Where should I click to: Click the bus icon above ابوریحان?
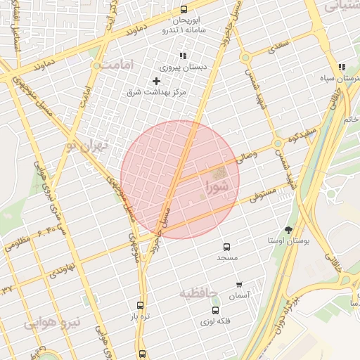(184, 9)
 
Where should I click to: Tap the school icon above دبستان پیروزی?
(183, 56)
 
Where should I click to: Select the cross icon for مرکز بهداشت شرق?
(156, 81)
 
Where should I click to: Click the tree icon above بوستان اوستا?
(288, 230)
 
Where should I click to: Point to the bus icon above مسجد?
(226, 247)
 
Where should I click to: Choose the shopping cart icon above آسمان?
(240, 285)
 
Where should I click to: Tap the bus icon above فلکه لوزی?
(215, 310)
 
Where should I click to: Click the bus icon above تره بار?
(140, 306)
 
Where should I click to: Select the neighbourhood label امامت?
(112, 65)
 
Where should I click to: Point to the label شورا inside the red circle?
(217, 187)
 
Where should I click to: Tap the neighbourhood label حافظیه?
(198, 293)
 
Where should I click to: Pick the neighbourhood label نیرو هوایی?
(53, 323)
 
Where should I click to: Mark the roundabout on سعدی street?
(245, 58)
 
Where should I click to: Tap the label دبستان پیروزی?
(175, 68)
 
